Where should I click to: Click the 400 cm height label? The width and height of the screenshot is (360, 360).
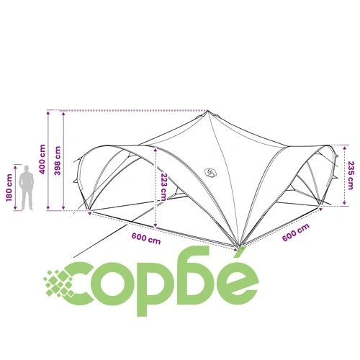point(42,159)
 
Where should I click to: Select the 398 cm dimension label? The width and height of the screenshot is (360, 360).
point(58,161)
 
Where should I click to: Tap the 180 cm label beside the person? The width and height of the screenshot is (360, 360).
point(9,188)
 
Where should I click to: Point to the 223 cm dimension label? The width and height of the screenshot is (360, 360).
point(163,186)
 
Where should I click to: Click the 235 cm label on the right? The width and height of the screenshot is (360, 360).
point(351,176)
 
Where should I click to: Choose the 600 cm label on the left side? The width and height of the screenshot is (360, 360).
point(146,238)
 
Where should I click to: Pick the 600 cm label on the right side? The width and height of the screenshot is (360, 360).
point(296,233)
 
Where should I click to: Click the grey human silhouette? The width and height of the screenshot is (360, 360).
point(27,188)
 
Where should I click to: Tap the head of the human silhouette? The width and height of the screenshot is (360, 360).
point(27,168)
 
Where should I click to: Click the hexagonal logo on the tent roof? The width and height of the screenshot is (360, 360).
point(209,172)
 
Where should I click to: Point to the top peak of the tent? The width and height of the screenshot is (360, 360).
point(208,111)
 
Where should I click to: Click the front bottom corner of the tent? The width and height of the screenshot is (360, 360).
point(239,247)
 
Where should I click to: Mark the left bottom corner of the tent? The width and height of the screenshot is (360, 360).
point(89,211)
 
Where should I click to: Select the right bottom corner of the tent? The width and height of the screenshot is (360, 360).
point(320,205)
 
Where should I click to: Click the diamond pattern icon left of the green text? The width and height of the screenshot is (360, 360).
point(59,284)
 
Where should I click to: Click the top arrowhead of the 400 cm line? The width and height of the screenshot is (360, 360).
point(48,112)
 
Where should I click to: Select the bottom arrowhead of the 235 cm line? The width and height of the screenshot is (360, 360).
point(344,204)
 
